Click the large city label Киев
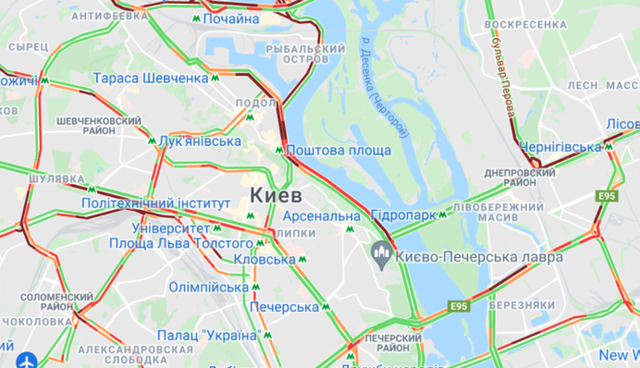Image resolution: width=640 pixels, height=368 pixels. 275,195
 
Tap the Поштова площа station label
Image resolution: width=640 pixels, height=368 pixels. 338,151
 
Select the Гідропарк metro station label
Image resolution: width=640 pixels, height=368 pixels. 402,215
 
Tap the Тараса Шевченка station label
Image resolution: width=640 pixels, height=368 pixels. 151,79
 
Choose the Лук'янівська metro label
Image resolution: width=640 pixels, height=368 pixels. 200,141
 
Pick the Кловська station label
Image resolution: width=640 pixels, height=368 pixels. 265,260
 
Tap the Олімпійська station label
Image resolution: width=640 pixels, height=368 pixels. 209,288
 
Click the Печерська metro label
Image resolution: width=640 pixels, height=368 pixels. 284,306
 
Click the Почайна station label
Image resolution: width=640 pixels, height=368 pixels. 231,18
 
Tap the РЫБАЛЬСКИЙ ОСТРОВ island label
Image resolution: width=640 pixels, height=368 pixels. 305,54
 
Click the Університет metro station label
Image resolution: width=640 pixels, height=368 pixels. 171,227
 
